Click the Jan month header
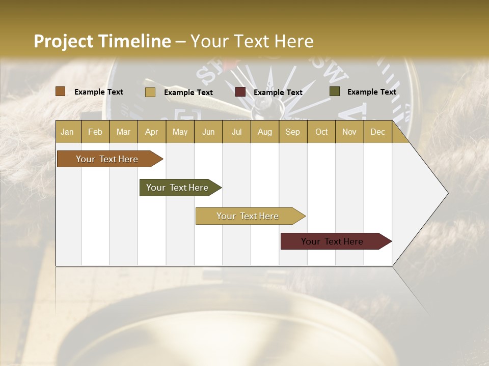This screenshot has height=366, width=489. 68,132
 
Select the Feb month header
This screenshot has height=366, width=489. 95,132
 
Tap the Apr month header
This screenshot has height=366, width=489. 151,132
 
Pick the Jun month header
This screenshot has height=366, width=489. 208,132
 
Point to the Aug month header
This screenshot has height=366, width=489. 264,132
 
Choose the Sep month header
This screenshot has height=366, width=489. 293,132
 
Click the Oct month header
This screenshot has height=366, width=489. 321,132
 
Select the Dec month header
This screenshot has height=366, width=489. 377,132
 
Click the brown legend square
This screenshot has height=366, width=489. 61,91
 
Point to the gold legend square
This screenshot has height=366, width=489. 150,92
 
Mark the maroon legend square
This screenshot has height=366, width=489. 240,92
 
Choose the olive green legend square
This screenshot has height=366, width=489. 335,91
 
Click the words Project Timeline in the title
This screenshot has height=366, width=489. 102,41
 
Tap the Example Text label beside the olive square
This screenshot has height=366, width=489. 371,92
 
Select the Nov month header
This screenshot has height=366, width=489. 349,132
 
